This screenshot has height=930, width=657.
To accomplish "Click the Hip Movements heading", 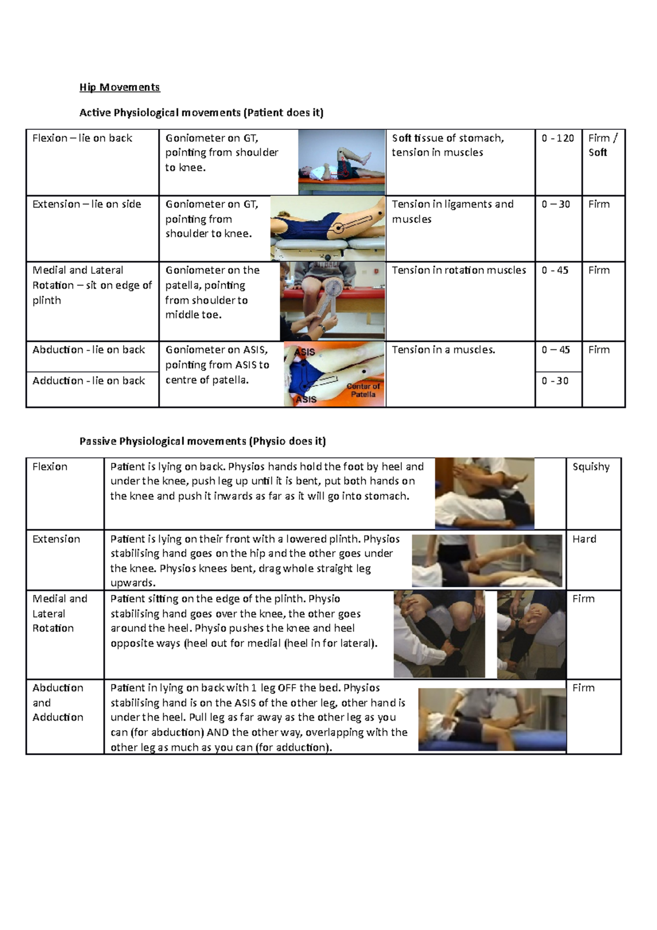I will [119, 87].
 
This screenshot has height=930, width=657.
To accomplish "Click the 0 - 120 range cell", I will [557, 138].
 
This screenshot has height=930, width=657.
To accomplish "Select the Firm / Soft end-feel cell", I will [602, 145].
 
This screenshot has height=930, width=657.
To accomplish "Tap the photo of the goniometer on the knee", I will [332, 301].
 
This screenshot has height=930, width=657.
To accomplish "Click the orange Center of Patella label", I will [363, 390].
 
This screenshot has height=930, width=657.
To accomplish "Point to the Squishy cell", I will [591, 467].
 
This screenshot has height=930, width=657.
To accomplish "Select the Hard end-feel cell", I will [584, 539].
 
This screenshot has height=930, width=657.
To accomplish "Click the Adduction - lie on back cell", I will [89, 381].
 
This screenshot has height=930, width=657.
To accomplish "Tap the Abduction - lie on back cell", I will [89, 350].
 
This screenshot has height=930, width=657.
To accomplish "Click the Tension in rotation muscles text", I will [458, 270].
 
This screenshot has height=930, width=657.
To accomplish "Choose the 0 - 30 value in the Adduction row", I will [555, 381].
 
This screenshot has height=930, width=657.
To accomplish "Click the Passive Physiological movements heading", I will [202, 441].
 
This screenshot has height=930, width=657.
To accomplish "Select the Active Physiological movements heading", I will [201, 113].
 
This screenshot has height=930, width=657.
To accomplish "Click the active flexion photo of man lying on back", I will [341, 162].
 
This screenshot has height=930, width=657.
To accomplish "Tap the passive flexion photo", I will [484, 493].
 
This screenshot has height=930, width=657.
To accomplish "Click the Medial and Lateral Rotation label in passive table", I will [59, 613].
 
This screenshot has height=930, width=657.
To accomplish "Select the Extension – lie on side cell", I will [87, 204].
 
